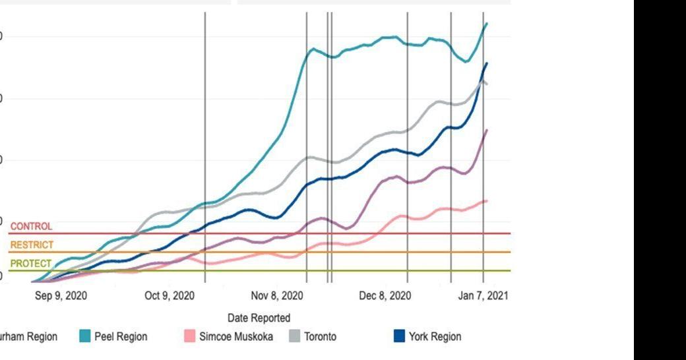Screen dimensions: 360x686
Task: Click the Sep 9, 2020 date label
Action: tap(61, 295)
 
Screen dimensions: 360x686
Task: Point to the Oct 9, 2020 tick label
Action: tap(169, 295)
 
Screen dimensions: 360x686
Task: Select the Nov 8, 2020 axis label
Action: tap(278, 295)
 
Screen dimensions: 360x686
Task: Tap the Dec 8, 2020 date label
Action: tap(385, 295)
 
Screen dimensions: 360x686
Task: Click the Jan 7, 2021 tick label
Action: tap(483, 295)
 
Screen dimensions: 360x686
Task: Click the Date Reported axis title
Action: tap(259, 318)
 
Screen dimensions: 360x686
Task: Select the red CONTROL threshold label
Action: tap(31, 226)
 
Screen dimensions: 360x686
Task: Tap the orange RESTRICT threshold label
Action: tap(32, 245)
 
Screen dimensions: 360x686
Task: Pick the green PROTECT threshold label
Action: tap(30, 263)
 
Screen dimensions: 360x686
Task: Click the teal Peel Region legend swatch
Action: tap(84, 336)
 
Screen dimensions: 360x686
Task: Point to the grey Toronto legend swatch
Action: tap(294, 336)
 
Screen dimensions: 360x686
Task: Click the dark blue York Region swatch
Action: tap(399, 336)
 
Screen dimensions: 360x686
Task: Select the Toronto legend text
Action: tap(320, 336)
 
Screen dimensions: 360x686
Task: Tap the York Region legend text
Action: tap(435, 336)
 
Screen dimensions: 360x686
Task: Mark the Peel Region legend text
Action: tap(121, 336)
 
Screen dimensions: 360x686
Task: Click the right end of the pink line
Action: tap(487, 200)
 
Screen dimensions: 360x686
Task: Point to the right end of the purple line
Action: tap(487, 130)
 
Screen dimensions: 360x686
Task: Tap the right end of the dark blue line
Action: tap(487, 63)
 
